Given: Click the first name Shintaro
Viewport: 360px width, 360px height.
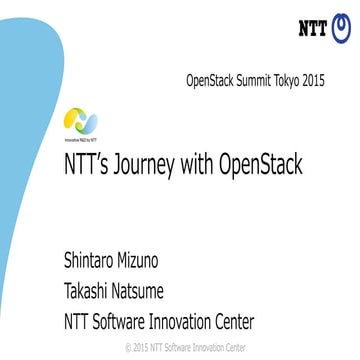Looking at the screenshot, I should coord(96,266).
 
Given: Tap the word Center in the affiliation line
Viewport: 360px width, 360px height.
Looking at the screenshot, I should coord(259,322).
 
